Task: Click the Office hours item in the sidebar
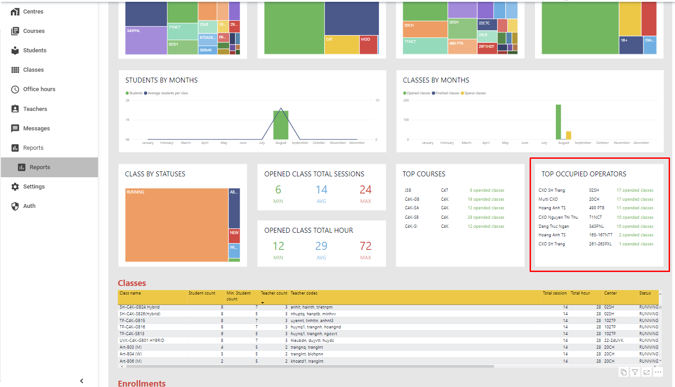tap(39, 89)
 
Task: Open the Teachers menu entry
tap(35, 109)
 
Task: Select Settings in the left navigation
tap(34, 187)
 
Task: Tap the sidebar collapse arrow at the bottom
tap(82, 381)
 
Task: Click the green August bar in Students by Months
tap(281, 126)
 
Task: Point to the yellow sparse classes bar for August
tap(568, 135)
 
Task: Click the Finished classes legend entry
tap(447, 93)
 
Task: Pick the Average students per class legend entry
tap(167, 93)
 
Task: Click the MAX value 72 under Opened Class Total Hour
tap(365, 246)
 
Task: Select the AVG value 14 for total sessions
tap(321, 190)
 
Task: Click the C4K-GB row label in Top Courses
tap(412, 199)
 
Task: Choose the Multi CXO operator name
tap(548, 199)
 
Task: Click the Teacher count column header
tap(274, 293)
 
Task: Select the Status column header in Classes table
tap(645, 293)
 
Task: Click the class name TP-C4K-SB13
tap(132, 334)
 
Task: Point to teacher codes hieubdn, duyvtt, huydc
tap(312, 341)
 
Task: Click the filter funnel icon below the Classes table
tap(635, 372)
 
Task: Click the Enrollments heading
tap(141, 383)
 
